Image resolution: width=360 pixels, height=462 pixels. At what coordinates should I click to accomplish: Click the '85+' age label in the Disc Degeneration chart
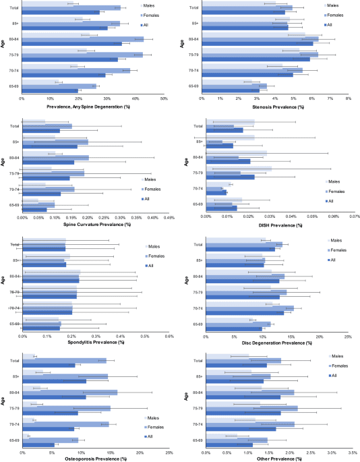(197, 261)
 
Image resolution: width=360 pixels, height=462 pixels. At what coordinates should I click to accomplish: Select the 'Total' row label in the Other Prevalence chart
(197, 361)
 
